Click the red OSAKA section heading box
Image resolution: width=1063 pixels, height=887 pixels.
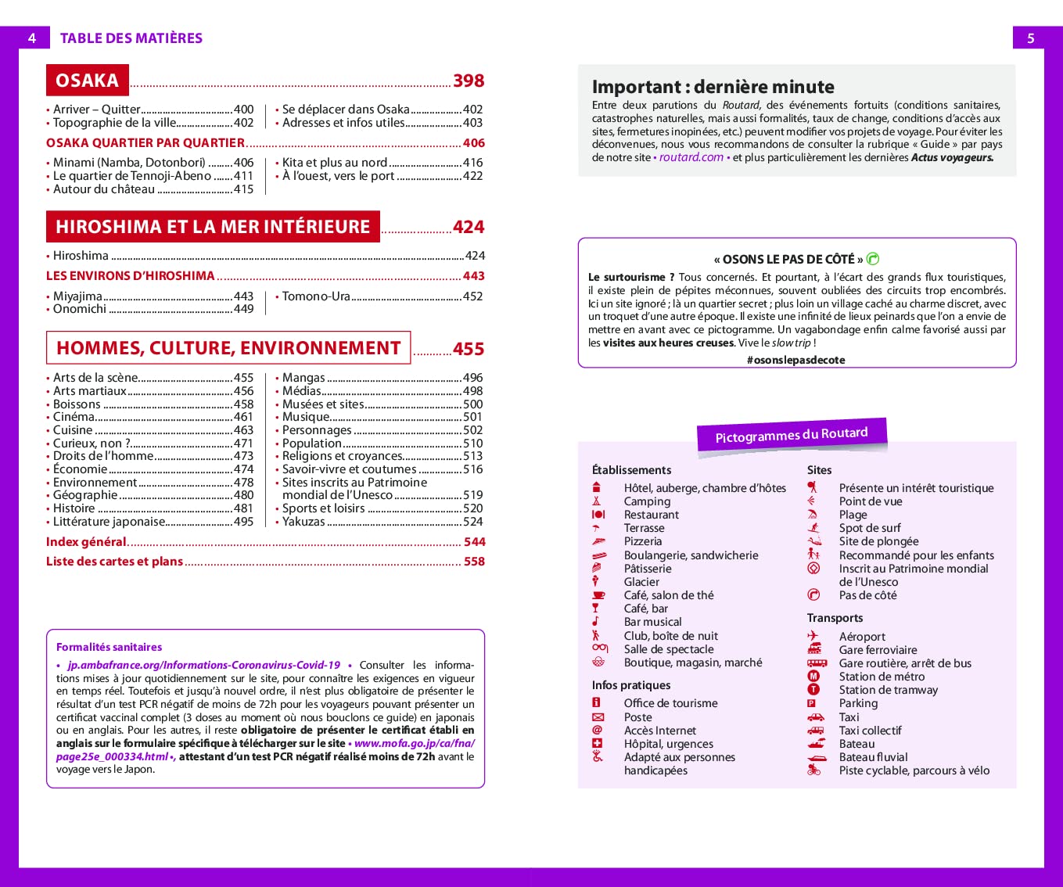tap(87, 81)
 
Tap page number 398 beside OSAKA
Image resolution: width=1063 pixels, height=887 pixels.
tap(469, 81)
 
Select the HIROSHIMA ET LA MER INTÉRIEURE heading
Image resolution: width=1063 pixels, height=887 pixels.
tap(213, 227)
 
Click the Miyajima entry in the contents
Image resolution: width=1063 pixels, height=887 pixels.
tap(77, 296)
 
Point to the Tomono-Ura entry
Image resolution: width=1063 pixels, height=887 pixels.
tap(316, 296)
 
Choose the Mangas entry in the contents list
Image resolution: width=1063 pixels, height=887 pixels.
tap(303, 378)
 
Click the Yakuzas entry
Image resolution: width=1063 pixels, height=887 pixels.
tap(303, 522)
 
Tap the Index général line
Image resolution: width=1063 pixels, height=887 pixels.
tap(86, 542)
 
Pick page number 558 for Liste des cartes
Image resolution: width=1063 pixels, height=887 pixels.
tap(474, 562)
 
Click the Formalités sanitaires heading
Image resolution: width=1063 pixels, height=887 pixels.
tap(109, 647)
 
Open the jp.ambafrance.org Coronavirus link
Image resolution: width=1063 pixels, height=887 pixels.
tap(203, 665)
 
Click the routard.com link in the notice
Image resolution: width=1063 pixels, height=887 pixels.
tap(691, 157)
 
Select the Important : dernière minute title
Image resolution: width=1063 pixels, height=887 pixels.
tap(713, 87)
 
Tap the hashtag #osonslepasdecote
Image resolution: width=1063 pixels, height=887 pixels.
tap(795, 360)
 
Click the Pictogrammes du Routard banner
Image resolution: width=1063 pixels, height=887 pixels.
tap(792, 435)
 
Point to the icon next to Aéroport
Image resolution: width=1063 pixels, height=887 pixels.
tap(813, 636)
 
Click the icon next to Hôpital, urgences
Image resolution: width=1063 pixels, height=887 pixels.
tap(598, 743)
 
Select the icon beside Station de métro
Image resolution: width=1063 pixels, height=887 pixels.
tap(813, 676)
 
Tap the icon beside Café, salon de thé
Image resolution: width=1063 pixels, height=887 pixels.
tap(598, 595)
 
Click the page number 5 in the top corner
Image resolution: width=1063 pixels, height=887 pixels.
tap(1030, 38)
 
